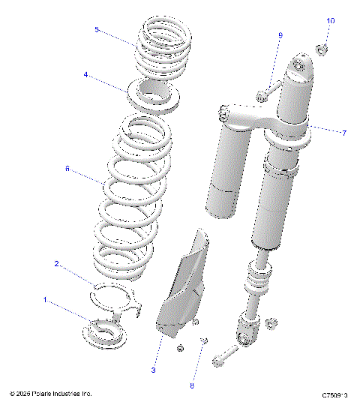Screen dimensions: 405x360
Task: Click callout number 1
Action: click(46, 300)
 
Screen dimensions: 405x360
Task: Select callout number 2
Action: click(56, 263)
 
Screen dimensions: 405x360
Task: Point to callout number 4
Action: click(86, 75)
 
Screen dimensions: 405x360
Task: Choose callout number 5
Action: click(97, 29)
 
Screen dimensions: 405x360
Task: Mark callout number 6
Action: click(67, 169)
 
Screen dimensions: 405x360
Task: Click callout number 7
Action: click(343, 133)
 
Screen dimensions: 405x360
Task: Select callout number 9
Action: click(280, 35)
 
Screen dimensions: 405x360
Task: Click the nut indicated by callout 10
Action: click(320, 49)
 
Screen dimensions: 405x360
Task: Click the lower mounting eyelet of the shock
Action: click(247, 330)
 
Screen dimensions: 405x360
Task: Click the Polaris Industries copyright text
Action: click(51, 393)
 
